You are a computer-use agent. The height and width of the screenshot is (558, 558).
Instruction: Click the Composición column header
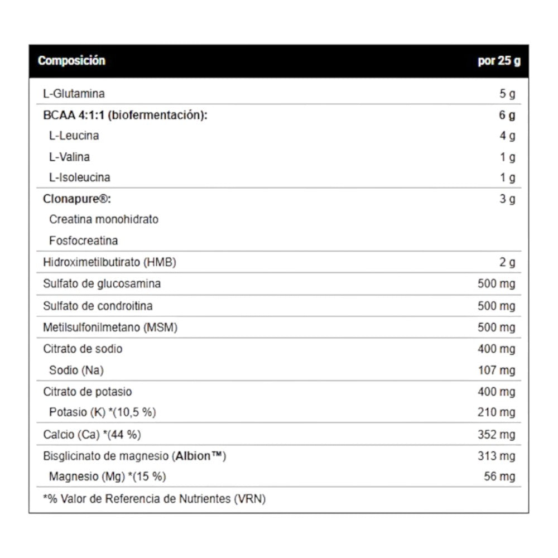click(71, 61)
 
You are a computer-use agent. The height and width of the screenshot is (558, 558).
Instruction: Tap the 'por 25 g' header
click(499, 61)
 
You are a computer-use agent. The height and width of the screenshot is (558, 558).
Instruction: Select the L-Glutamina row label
click(74, 94)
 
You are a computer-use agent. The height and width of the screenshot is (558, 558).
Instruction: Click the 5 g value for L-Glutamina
click(507, 94)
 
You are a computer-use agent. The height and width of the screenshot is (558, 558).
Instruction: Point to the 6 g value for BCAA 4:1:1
click(507, 116)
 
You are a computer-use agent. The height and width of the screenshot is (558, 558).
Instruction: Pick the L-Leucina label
click(74, 136)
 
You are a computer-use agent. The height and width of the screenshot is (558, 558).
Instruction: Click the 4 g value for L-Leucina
click(507, 136)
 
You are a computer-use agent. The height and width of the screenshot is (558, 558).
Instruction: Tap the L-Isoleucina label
click(80, 177)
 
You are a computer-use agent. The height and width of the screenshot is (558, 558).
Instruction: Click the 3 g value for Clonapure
click(507, 199)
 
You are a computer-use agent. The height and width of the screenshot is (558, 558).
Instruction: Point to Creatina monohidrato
click(104, 219)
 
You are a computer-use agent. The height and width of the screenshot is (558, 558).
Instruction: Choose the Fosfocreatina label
click(84, 241)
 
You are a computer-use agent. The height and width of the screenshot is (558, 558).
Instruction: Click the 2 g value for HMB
click(507, 262)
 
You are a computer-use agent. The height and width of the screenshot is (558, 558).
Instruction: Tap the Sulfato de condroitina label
click(98, 306)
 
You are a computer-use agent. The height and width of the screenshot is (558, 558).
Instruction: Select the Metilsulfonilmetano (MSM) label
click(110, 328)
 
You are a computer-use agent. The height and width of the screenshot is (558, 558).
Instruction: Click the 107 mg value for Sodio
click(497, 371)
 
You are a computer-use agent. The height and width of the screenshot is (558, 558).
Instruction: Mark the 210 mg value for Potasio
click(497, 413)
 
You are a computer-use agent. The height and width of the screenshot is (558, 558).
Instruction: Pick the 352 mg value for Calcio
click(497, 435)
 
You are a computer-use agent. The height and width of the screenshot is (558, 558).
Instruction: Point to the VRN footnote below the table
click(155, 498)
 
